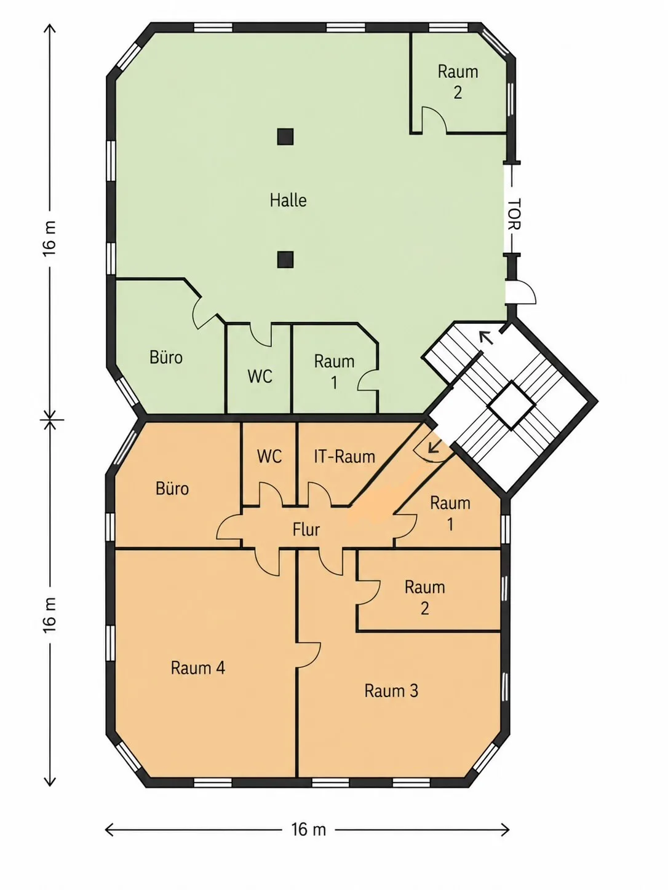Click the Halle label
point(288,200)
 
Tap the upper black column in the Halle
point(285,136)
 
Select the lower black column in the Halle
point(285,259)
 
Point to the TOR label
point(514,215)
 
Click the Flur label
point(306,530)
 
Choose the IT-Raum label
point(344,457)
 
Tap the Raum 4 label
point(198,667)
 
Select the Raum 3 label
point(391,691)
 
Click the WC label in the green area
point(260,376)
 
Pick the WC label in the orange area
point(269,457)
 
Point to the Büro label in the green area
point(166,357)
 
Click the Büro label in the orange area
point(172,489)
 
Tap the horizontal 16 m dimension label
point(309,830)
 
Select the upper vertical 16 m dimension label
point(49,238)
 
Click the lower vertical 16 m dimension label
point(49,615)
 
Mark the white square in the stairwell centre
point(511,405)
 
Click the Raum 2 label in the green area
point(458,82)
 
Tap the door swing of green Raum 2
point(434,120)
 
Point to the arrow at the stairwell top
point(487,337)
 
